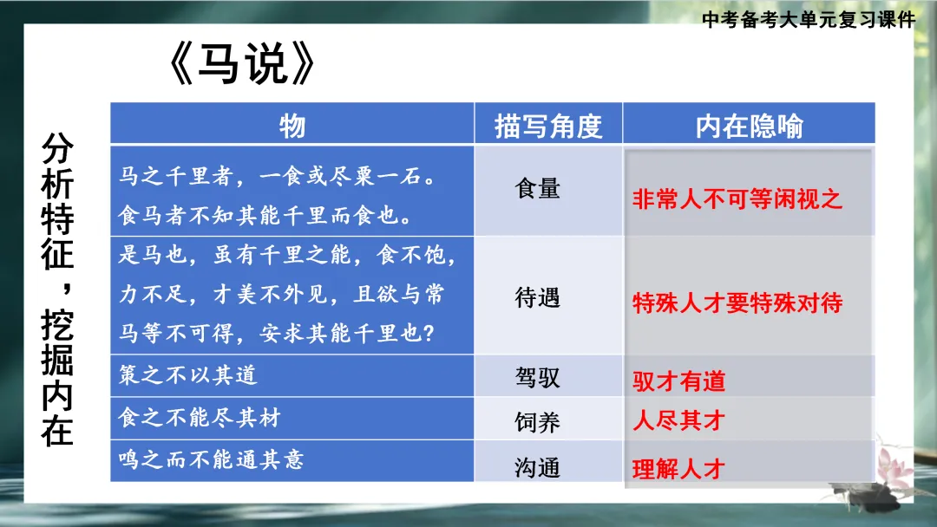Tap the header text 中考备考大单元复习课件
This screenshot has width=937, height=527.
click(x=809, y=20)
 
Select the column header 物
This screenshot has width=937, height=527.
click(x=292, y=127)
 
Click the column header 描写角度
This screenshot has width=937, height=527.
click(x=547, y=127)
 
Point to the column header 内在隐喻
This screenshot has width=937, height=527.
click(x=749, y=127)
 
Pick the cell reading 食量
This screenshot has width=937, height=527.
click(x=538, y=188)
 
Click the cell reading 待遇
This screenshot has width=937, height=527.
click(x=538, y=297)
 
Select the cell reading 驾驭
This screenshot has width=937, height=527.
click(x=538, y=377)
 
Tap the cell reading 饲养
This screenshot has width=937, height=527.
click(x=538, y=422)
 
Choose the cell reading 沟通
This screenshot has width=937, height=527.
click(x=538, y=468)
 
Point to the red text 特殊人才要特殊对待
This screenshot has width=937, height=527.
click(x=737, y=303)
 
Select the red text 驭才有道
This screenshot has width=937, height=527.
click(x=678, y=381)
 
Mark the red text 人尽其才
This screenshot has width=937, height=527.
click(x=678, y=422)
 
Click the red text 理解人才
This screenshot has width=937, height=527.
click(x=678, y=470)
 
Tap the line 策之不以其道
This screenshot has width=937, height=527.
click(x=188, y=376)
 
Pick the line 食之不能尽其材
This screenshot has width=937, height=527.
click(x=200, y=418)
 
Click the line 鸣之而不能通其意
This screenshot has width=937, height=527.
click(x=212, y=459)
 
